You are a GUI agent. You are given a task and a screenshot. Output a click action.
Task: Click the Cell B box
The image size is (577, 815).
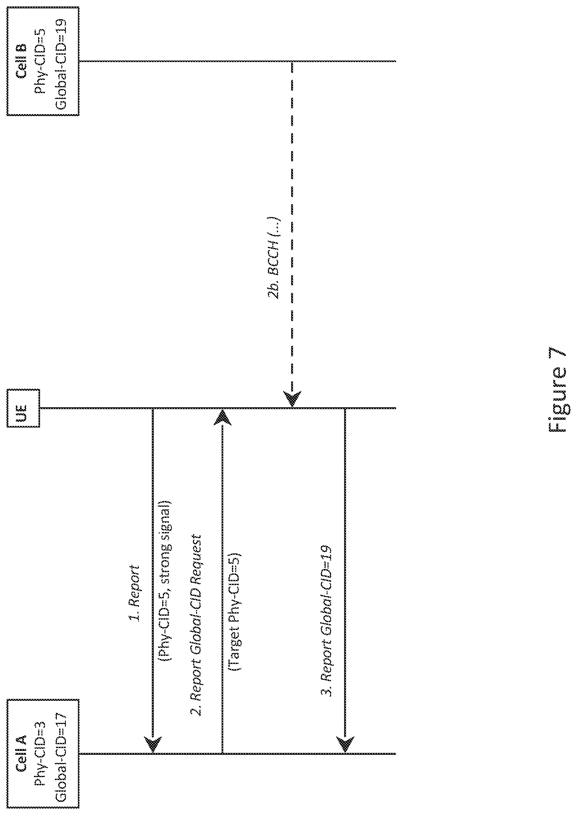(x=43, y=61)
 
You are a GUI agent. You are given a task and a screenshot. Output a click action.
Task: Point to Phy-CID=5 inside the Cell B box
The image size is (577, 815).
(x=42, y=61)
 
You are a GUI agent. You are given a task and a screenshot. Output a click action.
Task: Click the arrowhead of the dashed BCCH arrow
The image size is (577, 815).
(x=292, y=398)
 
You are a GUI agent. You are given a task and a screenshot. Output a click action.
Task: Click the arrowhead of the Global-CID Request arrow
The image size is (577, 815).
(x=222, y=417)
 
